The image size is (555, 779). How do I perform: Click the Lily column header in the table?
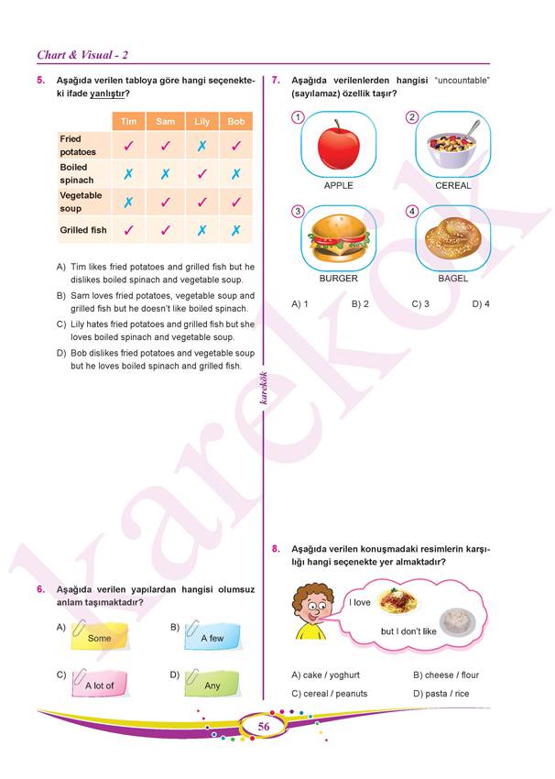(201, 121)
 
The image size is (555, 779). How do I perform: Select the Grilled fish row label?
(83, 230)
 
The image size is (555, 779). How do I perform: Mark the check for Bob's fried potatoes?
(236, 145)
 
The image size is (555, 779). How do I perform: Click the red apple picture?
(339, 147)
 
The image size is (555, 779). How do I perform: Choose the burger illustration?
(338, 240)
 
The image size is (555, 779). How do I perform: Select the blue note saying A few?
(212, 636)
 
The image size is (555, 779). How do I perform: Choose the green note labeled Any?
(212, 684)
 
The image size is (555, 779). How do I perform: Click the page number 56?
(264, 727)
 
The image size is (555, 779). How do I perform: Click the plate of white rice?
(455, 623)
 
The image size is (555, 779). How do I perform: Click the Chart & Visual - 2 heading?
(88, 55)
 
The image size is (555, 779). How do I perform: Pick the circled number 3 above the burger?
(298, 212)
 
